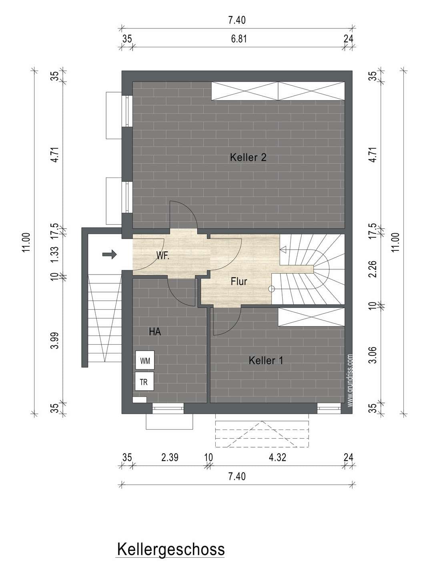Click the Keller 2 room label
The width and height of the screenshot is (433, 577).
point(248,157)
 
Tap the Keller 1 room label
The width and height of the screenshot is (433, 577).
point(266,360)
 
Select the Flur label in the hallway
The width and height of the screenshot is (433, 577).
point(239,282)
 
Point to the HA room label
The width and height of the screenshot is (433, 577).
point(155,332)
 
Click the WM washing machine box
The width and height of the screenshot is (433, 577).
point(145,360)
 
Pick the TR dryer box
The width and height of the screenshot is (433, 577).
point(144,381)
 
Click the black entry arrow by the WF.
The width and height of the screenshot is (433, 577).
point(109,254)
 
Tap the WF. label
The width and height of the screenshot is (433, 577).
point(163,256)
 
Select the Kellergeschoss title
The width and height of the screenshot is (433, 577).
point(171,549)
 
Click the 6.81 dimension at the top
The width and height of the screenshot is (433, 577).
point(239,39)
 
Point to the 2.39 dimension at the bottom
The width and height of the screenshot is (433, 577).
point(170,458)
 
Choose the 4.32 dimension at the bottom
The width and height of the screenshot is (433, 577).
point(277,458)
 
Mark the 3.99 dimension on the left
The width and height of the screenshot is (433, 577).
point(54,341)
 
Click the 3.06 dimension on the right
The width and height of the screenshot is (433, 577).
point(373,355)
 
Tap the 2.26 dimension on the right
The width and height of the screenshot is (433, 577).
point(373,269)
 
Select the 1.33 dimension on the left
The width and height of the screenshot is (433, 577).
point(54,254)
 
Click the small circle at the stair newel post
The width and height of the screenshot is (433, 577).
point(271,289)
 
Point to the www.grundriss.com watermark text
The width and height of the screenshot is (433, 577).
point(350,380)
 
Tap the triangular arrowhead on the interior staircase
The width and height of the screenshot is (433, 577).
point(283,250)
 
